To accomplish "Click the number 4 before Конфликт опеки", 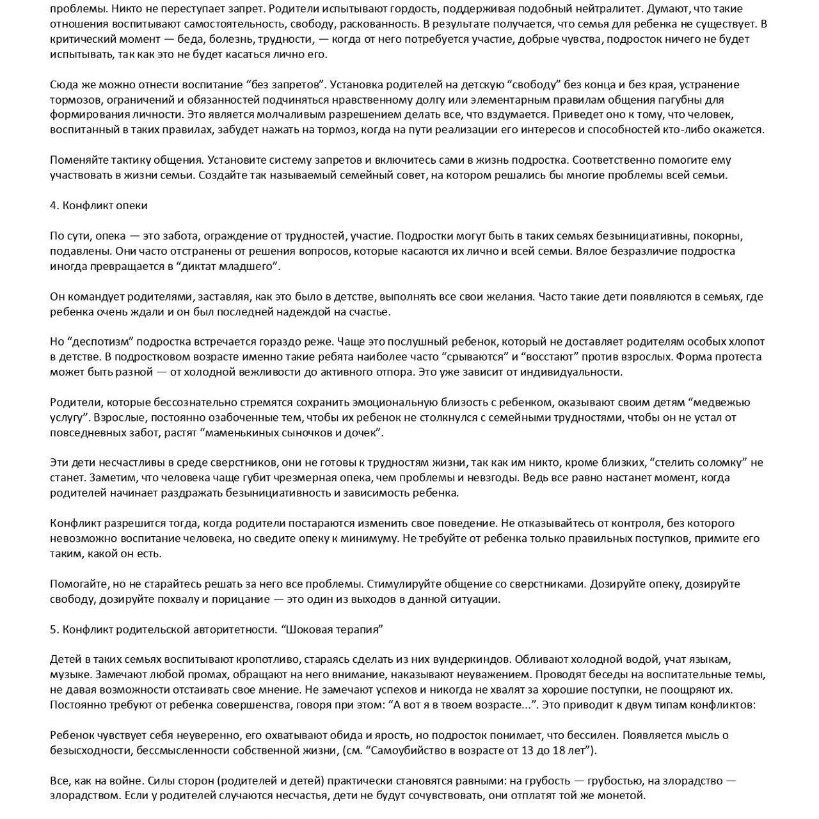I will pyautogui.click(x=53, y=205).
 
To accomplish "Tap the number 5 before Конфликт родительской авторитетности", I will pyautogui.click(x=53, y=630).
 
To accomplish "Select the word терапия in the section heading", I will pyautogui.click(x=359, y=630).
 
